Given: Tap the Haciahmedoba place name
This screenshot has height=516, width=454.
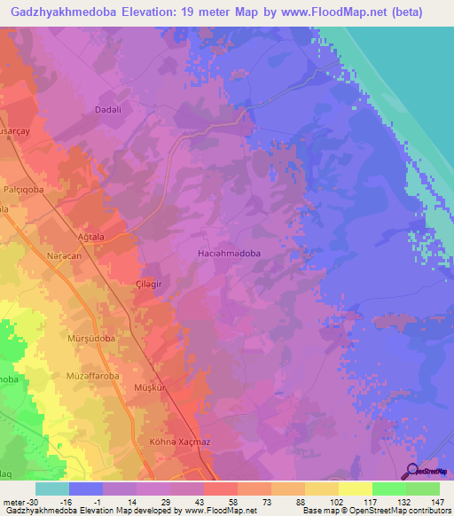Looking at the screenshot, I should (x=228, y=253).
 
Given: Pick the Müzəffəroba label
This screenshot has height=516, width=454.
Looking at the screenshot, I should (x=92, y=376).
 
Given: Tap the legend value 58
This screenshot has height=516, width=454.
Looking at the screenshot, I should (x=221, y=501).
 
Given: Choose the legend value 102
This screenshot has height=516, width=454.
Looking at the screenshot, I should (x=323, y=501).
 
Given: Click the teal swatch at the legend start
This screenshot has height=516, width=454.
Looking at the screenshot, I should (x=51, y=489).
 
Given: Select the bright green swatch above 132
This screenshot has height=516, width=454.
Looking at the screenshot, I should (x=389, y=489).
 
